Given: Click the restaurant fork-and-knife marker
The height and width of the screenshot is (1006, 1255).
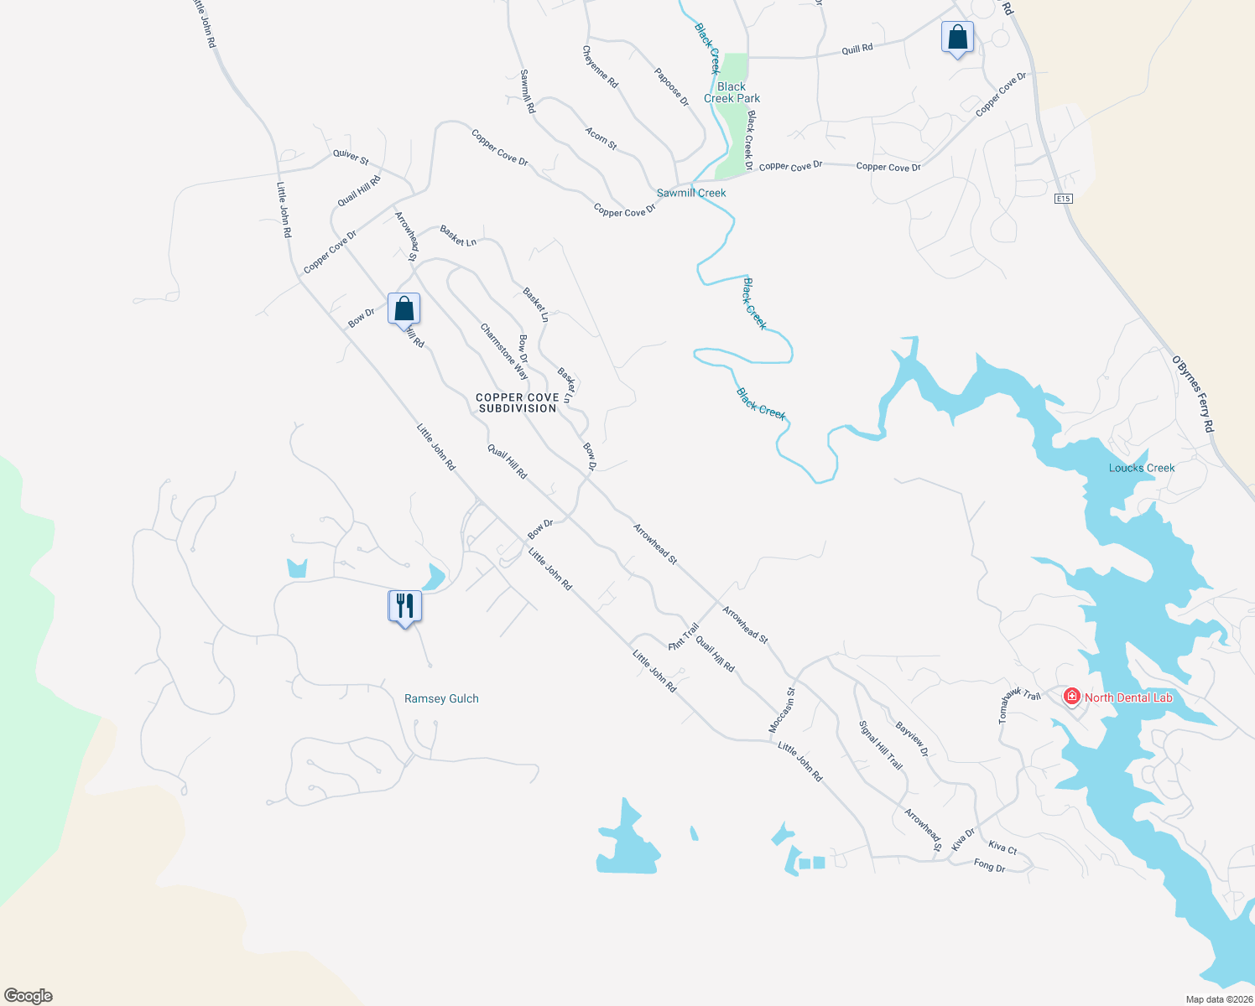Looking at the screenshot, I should tap(404, 605).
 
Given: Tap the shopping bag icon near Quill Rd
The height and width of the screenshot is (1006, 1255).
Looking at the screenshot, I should tap(957, 38).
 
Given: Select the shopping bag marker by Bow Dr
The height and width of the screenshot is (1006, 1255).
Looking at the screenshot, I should tap(404, 309).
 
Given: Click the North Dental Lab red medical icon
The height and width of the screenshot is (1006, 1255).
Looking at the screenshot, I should tap(1071, 697).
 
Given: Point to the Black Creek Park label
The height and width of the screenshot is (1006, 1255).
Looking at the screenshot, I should tap(732, 92).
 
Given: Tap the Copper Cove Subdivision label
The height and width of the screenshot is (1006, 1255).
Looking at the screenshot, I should tap(518, 402).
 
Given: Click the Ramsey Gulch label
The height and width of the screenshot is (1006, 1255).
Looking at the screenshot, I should tap(441, 698).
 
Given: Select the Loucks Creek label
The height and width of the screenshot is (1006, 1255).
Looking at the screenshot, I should tap(1142, 468).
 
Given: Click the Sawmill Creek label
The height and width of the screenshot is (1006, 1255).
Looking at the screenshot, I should tap(691, 193).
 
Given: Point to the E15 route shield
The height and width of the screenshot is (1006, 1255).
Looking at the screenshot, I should tap(1063, 199).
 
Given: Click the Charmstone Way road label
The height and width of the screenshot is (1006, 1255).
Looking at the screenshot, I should tap(504, 351).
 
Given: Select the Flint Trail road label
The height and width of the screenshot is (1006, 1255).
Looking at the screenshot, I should tap(684, 637).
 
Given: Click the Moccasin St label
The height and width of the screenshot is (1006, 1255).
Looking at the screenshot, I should tap(782, 711).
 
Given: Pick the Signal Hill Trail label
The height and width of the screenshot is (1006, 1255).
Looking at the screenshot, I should tap(881, 745).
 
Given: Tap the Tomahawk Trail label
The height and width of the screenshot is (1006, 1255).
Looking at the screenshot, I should tap(1019, 705).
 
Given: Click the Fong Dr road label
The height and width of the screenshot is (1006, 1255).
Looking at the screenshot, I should tap(989, 865).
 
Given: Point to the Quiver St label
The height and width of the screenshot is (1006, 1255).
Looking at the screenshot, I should tap(351, 156).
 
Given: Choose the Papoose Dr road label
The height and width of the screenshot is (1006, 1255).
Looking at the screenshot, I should tap(671, 86).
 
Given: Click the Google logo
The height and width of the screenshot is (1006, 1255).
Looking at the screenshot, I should tap(29, 996).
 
